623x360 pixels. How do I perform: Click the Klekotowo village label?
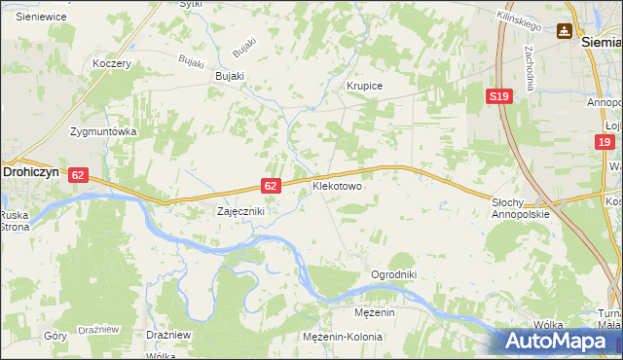[337, 184]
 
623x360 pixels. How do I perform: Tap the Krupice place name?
[365, 86]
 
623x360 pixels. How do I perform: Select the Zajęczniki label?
[239, 210]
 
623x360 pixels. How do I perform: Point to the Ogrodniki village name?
[393, 274]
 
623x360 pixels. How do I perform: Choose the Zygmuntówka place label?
[103, 130]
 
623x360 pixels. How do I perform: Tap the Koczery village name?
[111, 63]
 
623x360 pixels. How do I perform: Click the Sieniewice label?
[41, 17]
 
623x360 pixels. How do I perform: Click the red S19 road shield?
[499, 95]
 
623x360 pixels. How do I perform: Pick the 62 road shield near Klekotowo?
[272, 185]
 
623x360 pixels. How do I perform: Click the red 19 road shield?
[605, 142]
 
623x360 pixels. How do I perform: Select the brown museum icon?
[564, 31]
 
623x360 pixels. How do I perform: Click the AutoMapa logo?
[562, 341]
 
